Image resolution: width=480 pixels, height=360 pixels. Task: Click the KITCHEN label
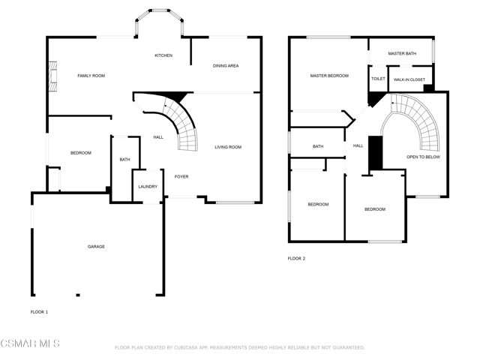[x=163, y=55]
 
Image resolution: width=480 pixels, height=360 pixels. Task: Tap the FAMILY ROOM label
[x=91, y=76]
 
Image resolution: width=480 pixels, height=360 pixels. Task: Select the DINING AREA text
[x=226, y=65]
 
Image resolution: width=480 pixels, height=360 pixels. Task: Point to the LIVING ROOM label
[x=228, y=147]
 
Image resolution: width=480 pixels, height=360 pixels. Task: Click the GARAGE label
[x=96, y=247]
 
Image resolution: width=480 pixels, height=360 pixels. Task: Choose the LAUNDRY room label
[x=148, y=187]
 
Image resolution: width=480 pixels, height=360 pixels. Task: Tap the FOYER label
[x=181, y=176]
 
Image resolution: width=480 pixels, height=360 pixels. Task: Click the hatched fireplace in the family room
[x=53, y=76]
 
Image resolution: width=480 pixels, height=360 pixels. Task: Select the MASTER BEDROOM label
[x=329, y=76]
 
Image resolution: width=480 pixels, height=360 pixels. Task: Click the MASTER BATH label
[x=402, y=53]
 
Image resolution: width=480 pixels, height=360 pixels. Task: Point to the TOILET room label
[x=378, y=79]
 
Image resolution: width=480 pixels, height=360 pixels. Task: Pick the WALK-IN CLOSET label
[x=409, y=79]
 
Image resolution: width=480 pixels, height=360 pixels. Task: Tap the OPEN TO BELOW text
[x=423, y=157]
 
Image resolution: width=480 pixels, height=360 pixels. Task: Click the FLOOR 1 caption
[x=39, y=312]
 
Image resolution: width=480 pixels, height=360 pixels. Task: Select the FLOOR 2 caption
[x=296, y=258]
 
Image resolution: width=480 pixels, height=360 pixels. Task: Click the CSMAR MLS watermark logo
[x=30, y=343]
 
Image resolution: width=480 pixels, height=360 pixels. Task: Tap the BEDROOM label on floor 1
[x=81, y=153]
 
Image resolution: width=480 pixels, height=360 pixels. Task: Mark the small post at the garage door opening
[x=78, y=295]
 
